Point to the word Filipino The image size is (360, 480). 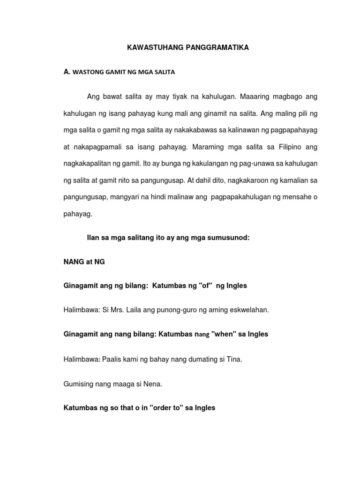click(286, 147)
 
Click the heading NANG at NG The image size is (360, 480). click(84, 262)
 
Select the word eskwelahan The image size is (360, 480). click(247, 310)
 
